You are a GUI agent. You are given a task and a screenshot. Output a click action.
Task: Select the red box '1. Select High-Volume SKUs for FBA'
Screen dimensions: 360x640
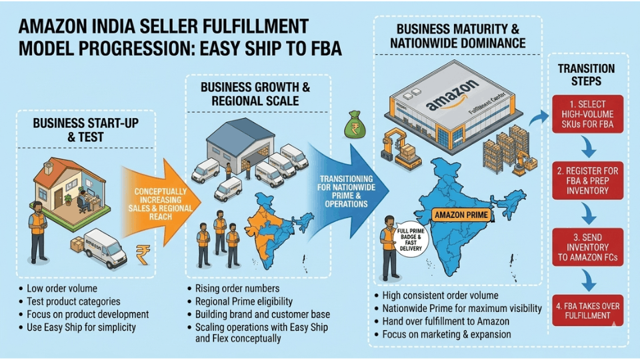587,114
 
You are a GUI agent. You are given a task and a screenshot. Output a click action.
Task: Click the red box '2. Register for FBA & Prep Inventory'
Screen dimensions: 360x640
587,180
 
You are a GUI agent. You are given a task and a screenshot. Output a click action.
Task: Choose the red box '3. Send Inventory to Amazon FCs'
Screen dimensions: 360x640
587,247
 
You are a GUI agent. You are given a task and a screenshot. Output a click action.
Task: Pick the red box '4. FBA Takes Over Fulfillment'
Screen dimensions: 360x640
587,311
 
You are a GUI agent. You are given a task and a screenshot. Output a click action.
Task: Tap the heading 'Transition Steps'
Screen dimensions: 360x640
586,75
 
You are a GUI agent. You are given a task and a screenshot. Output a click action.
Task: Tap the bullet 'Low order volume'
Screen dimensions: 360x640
62,289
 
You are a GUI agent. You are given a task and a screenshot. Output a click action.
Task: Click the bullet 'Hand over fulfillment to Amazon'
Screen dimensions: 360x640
445,321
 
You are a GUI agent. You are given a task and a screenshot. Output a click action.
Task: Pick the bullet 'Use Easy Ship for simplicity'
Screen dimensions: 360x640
81,327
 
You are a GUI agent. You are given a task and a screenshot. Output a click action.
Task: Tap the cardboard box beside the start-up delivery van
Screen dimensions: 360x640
77,245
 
